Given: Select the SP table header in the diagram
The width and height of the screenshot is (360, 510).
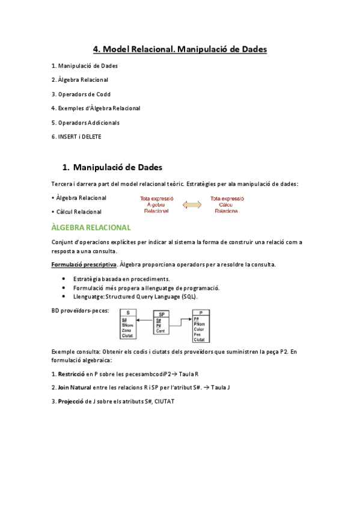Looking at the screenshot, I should click(161, 314).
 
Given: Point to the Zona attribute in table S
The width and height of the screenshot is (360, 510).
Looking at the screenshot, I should click(126, 330).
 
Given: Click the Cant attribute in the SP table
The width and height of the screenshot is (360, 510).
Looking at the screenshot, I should click(160, 330).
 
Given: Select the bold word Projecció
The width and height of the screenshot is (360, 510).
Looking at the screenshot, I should click(72, 401).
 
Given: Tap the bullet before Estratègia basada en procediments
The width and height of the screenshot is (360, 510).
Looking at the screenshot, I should click(64, 279).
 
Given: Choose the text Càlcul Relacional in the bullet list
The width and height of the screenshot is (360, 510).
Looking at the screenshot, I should click(79, 212).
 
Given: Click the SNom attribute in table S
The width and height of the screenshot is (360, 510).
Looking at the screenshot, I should click(127, 325).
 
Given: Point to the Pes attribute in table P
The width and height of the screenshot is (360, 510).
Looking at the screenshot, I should click(198, 334).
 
